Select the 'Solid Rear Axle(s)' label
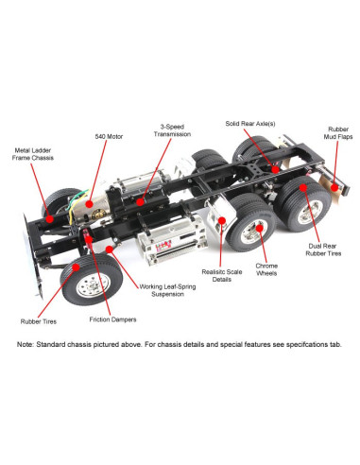click(x=250, y=123)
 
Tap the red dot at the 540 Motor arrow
click(x=87, y=200)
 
